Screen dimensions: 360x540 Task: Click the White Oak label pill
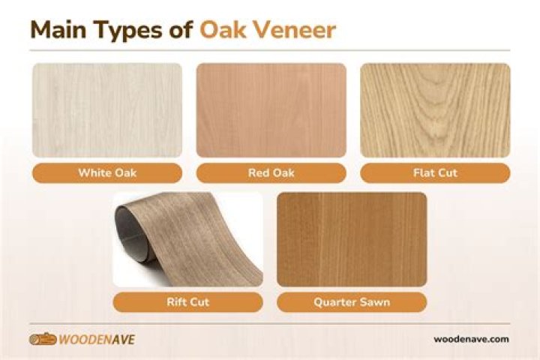[107, 173]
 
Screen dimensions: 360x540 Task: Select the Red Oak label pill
[271, 173]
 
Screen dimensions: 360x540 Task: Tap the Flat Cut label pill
[435, 173]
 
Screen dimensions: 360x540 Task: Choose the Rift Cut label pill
[188, 302]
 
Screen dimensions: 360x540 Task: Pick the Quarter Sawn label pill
[352, 302]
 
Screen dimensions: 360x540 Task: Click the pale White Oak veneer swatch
[107, 109]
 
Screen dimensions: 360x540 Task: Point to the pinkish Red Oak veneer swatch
[271, 109]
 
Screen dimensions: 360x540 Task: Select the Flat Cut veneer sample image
[435, 109]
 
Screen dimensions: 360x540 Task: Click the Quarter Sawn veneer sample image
[352, 239]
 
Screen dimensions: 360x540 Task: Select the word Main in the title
[58, 30]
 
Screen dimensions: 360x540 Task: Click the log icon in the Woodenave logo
[43, 339]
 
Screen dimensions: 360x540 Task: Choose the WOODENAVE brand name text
[98, 340]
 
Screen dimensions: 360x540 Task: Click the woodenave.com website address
[471, 339]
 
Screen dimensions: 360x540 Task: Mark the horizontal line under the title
[270, 50]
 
